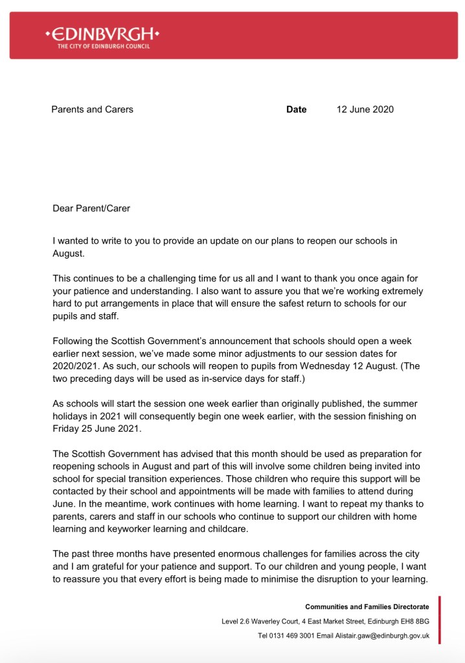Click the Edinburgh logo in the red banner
(102, 34)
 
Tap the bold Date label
(296, 110)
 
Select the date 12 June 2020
(365, 110)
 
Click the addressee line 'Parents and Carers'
(92, 110)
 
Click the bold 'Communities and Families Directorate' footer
(367, 607)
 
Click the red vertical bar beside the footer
(440, 620)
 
